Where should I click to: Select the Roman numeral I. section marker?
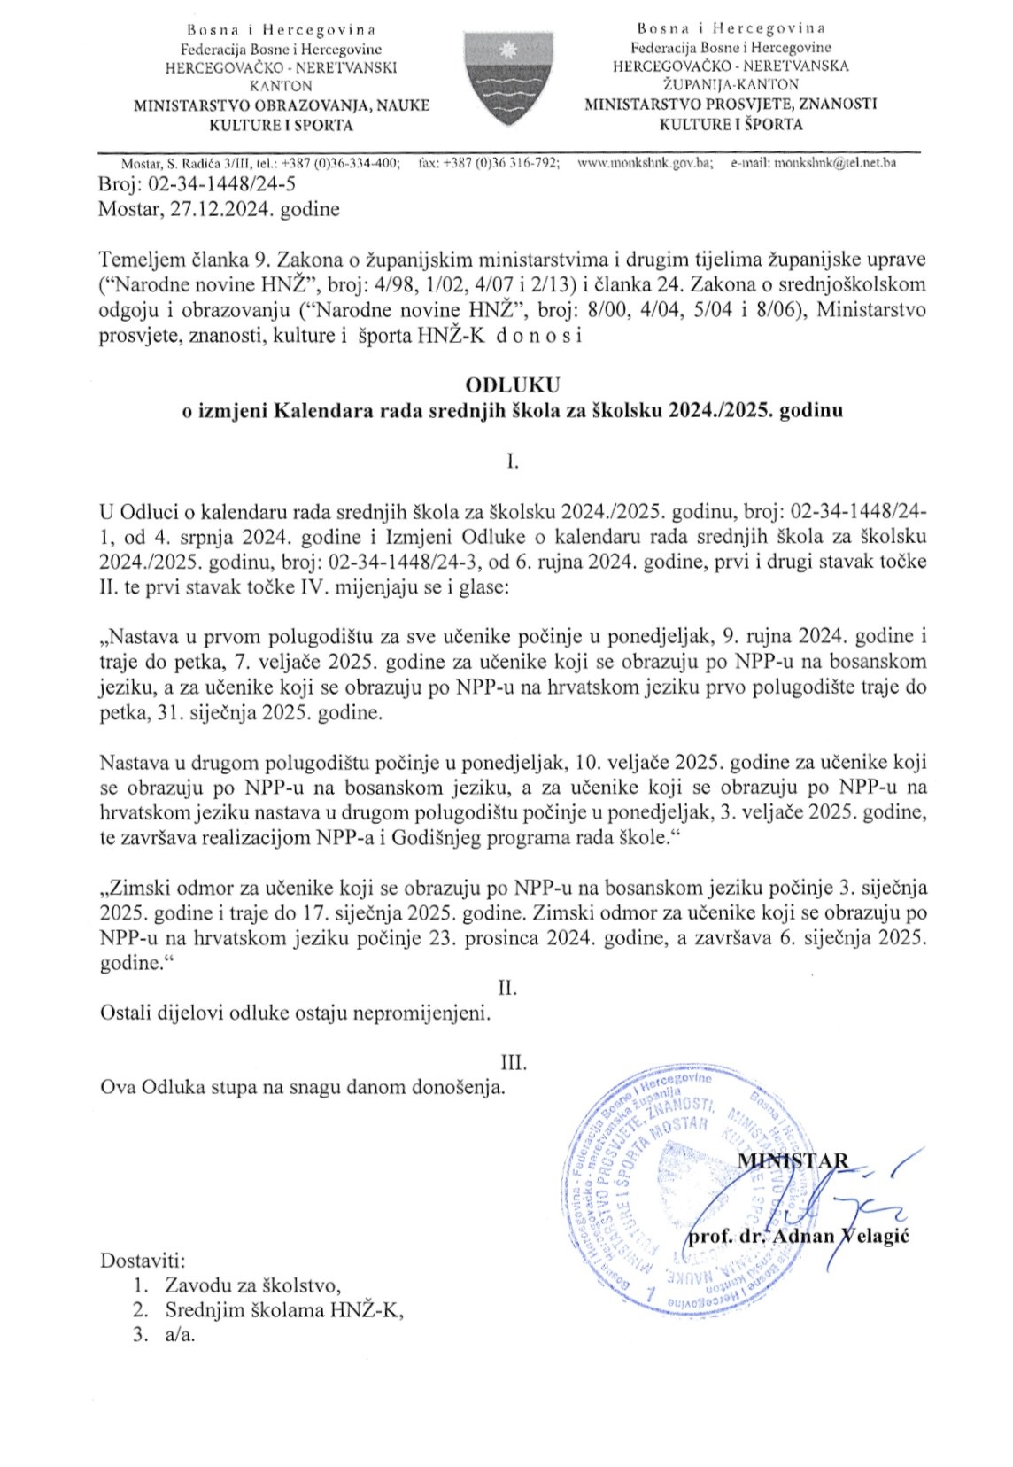512,461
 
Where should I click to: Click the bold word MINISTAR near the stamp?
793,1160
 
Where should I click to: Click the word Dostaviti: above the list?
143,1260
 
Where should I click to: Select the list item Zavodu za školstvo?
252,1285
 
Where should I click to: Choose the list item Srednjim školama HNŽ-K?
283,1310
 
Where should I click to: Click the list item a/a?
180,1335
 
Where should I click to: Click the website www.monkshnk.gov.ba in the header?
645,163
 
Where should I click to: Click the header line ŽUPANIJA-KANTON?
731,84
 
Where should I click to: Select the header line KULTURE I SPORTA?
281,125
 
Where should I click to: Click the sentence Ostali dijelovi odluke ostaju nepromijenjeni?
295,1013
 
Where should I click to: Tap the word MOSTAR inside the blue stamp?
679,1130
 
